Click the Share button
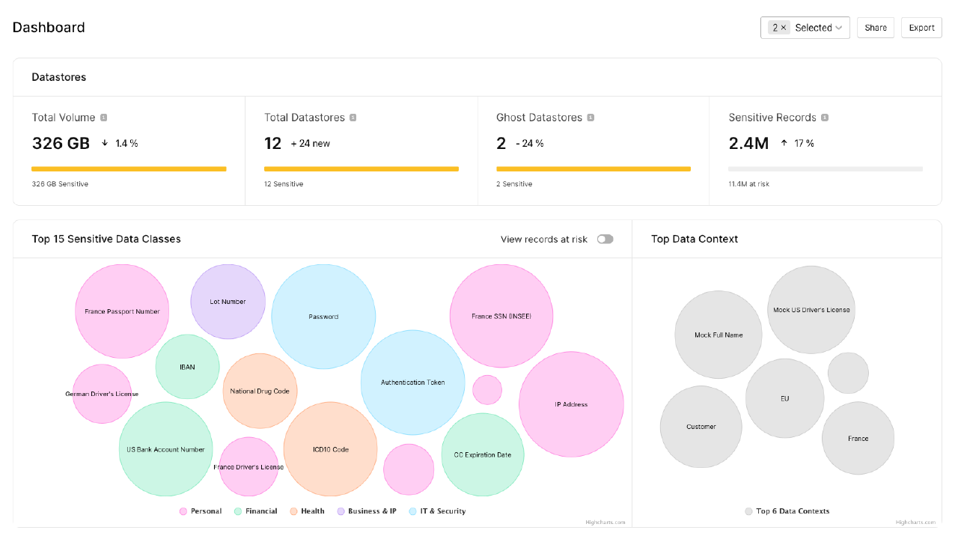click(x=875, y=28)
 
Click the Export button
click(x=921, y=28)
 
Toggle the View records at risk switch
click(x=605, y=239)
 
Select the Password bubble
click(x=323, y=317)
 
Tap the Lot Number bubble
click(x=228, y=302)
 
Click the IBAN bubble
click(x=187, y=367)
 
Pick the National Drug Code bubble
click(x=260, y=391)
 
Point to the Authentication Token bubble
click(x=412, y=383)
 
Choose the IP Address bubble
click(x=571, y=404)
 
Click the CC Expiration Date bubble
click(x=483, y=455)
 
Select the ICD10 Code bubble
click(x=330, y=449)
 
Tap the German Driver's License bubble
click(x=102, y=394)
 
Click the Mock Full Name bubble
click(x=718, y=335)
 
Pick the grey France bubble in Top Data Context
click(x=858, y=439)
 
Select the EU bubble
click(x=784, y=398)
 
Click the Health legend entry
click(x=307, y=511)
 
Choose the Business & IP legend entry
click(x=366, y=511)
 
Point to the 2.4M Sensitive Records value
click(x=748, y=143)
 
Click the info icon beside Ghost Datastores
click(x=591, y=118)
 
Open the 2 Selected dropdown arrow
click(x=839, y=28)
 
